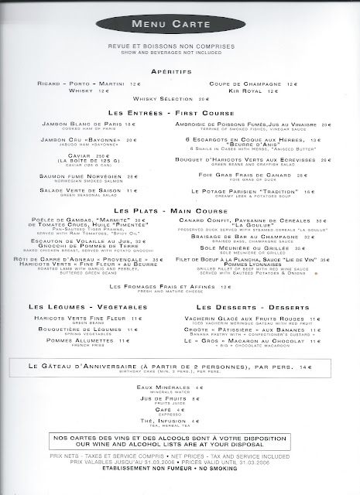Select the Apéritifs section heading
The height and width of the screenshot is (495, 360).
179,69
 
